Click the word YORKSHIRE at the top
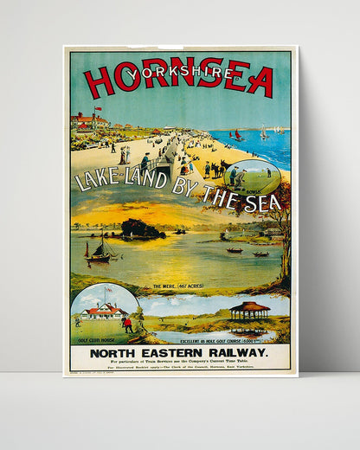click(181, 73)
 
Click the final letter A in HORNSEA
click(259, 81)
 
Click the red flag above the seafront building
click(97, 110)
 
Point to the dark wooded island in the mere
click(143, 229)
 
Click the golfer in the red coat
click(128, 325)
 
